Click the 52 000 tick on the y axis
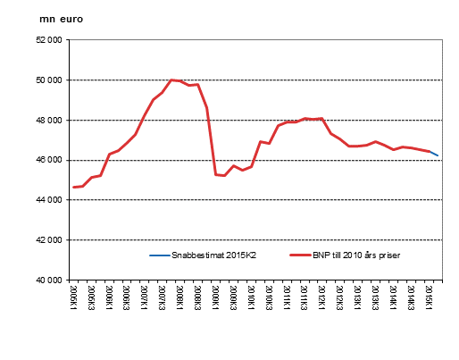[x=48, y=40]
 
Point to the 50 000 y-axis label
[x=48, y=80]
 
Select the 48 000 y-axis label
[x=48, y=121]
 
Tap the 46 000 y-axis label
[x=48, y=160]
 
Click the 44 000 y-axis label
[x=48, y=200]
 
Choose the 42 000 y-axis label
[x=48, y=240]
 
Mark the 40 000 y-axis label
[x=48, y=280]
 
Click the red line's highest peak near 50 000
[x=171, y=80]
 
